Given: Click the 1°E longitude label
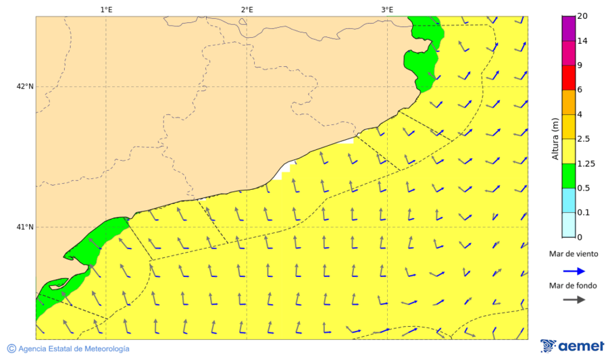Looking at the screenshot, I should click(106, 9).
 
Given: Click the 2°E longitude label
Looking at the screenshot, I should click(247, 9).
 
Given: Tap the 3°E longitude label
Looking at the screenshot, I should click(387, 9).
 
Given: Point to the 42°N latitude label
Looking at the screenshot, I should click(25, 86).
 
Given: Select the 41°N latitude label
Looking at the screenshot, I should click(25, 227).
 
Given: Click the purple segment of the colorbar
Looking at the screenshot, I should click(568, 28).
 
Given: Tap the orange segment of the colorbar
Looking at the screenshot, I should click(568, 102).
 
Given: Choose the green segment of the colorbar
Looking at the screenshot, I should click(568, 176).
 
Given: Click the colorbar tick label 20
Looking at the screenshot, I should click(582, 17).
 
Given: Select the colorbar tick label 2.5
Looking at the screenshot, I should click(584, 139).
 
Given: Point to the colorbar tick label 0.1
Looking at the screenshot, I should click(584, 213).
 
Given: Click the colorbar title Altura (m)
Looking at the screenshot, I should click(555, 138).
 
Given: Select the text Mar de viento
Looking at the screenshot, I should click(573, 254).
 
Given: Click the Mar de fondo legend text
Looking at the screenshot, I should click(573, 286).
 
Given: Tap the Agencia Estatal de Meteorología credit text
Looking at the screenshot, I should click(74, 349).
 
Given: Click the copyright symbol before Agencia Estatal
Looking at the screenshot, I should click(11, 349).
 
